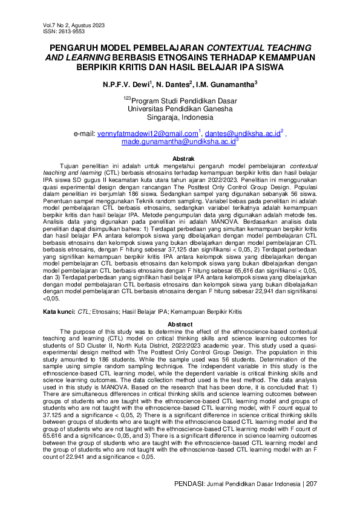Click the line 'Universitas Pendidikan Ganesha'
click(x=180, y=109)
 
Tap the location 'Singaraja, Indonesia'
click(x=180, y=117)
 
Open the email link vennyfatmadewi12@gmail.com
click(x=148, y=133)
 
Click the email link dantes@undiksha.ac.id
click(x=242, y=133)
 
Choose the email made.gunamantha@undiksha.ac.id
click(x=178, y=141)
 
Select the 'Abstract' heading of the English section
click(x=180, y=325)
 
